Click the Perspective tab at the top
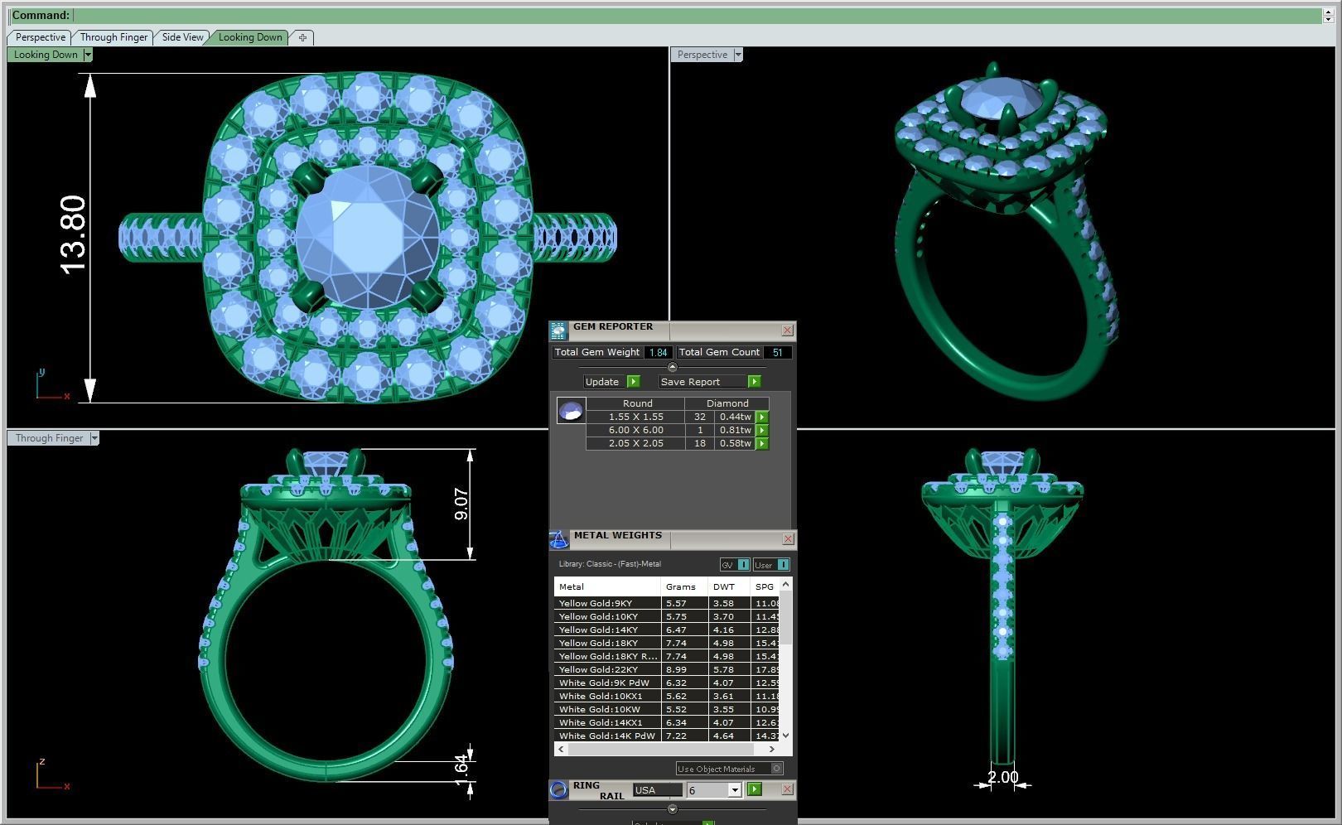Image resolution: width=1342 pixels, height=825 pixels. coord(40,37)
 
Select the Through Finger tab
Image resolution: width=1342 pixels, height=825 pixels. coord(113,37)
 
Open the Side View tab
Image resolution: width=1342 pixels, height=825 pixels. coord(182,37)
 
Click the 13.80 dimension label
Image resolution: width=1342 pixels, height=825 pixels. coord(73,235)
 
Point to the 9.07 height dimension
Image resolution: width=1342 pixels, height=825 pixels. coord(461,504)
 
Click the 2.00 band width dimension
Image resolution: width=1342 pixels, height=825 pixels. coord(1002,777)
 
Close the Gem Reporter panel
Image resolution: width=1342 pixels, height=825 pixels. coord(787,330)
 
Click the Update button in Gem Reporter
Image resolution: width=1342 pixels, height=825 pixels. coord(602,382)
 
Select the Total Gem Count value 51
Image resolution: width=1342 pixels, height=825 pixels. coord(777,352)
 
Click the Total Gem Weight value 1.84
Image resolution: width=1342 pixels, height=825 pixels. coord(658,352)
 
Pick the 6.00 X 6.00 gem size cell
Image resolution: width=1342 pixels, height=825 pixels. coord(635,430)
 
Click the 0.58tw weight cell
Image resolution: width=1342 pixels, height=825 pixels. coord(735,443)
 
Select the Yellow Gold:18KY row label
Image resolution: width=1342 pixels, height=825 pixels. coord(598,643)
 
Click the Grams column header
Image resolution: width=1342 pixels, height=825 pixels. coord(680,586)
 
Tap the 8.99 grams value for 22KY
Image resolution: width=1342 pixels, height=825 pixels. coord(676,669)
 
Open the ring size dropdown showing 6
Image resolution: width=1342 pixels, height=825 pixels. coord(734,790)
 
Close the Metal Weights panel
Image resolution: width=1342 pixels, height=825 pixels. coord(787,539)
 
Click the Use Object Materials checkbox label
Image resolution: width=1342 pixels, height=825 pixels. coord(717,769)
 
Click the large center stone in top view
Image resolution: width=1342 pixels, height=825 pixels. coord(367,237)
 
